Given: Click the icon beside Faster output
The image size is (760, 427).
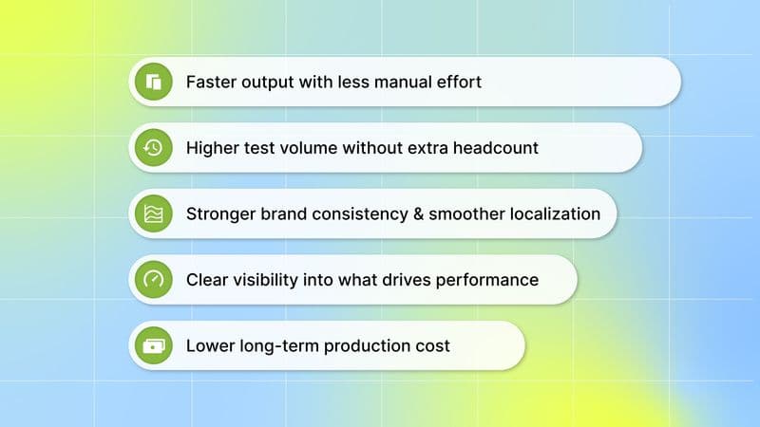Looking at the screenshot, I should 154,82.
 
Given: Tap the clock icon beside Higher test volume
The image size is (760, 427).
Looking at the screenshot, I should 154,147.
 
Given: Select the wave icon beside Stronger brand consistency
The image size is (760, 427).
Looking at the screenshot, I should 154,213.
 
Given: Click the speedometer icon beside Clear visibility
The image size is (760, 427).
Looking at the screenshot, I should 154,280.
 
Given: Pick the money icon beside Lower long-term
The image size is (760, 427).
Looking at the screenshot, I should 154,345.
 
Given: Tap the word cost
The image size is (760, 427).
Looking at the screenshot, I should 432,345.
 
